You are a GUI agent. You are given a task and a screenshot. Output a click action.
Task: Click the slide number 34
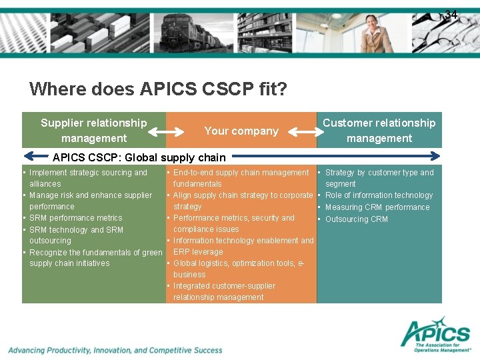click(x=451, y=15)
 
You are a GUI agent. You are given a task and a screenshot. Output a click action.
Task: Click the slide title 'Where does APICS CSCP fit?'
click(x=159, y=89)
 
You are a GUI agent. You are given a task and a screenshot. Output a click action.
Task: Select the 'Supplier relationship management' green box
click(x=93, y=130)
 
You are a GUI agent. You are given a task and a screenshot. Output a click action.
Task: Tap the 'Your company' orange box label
click(x=241, y=131)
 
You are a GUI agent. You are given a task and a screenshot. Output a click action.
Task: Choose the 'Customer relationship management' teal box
click(x=379, y=130)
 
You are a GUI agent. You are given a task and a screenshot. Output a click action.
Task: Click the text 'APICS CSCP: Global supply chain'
click(x=139, y=158)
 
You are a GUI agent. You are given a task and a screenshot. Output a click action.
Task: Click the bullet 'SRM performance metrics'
click(x=75, y=218)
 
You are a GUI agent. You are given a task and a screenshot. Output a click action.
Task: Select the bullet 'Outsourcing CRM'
click(x=356, y=219)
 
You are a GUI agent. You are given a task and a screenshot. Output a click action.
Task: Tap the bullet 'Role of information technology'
click(x=379, y=195)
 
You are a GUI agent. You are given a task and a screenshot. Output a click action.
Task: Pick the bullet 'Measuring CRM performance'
click(x=377, y=207)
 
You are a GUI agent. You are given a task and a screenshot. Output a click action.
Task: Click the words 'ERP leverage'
click(x=198, y=252)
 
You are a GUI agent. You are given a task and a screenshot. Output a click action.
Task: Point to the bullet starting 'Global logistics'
click(x=238, y=263)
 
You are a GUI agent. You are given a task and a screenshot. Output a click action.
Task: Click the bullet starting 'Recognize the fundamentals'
click(x=95, y=253)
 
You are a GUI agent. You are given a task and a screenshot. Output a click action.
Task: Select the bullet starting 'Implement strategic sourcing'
click(x=88, y=173)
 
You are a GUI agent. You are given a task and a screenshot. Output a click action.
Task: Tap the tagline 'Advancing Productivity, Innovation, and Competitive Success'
click(x=115, y=350)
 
